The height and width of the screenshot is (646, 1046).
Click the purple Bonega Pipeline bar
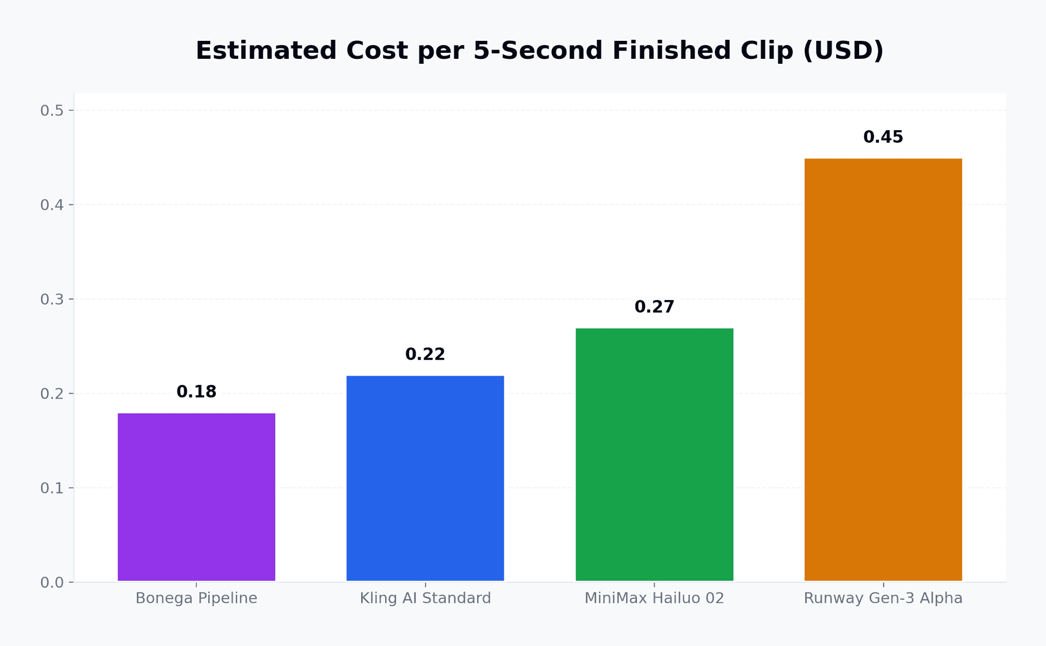point(196,497)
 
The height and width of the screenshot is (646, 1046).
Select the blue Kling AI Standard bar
point(425,479)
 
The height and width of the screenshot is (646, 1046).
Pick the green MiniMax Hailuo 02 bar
point(654,455)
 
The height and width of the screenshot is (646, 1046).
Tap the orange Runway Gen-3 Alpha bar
point(883,370)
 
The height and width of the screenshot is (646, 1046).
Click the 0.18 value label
point(196,392)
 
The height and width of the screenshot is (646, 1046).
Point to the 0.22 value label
point(425,355)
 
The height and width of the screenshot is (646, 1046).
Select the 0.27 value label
point(654,307)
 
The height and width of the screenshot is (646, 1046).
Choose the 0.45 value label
point(883,137)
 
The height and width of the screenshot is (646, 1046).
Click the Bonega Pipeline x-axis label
point(196,599)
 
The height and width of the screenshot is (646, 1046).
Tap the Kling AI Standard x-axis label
point(425,599)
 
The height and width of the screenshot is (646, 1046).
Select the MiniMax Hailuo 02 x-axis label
point(654,599)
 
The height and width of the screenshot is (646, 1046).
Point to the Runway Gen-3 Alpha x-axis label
point(883,599)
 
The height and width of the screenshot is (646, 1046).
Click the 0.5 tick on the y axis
point(52,111)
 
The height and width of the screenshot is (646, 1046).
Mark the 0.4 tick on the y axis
point(52,205)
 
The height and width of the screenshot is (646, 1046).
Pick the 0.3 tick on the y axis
point(52,299)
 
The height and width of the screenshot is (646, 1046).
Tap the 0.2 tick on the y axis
point(52,393)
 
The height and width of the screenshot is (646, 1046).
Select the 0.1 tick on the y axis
point(52,488)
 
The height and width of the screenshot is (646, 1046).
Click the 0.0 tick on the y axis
point(52,582)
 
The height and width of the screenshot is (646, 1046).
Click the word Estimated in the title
point(267,51)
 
